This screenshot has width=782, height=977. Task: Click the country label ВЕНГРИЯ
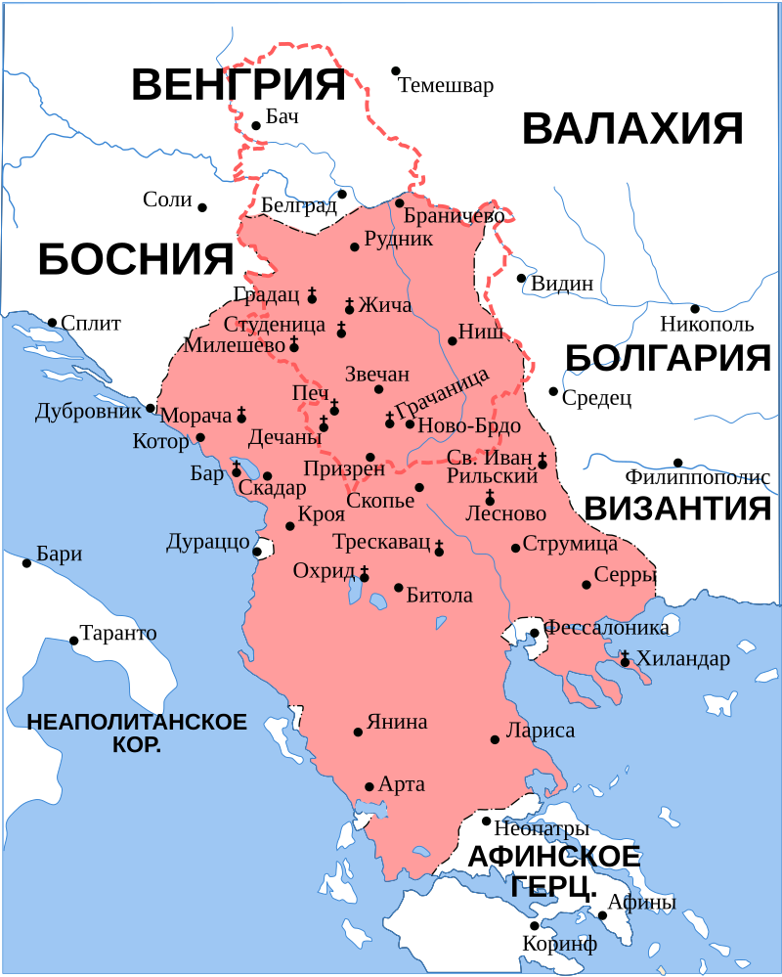(x=239, y=85)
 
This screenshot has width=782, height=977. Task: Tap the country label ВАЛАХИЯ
(x=632, y=129)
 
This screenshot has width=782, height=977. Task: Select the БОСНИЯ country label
(x=136, y=260)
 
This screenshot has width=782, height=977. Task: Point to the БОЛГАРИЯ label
(x=669, y=358)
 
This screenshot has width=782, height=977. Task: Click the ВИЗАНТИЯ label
(x=677, y=509)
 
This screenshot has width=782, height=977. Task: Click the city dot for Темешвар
(x=396, y=70)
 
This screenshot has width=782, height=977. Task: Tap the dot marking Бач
(x=256, y=125)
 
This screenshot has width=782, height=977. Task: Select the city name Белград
(x=299, y=205)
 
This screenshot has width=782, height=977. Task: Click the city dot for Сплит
(x=52, y=322)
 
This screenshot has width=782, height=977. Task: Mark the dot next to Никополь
(x=695, y=308)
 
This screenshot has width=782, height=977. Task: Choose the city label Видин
(x=562, y=284)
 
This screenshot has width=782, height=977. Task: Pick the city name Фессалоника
(x=606, y=628)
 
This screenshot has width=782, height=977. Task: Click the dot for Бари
(x=26, y=562)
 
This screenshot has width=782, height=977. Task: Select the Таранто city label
(x=118, y=633)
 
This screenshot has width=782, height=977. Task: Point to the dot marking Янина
(x=358, y=732)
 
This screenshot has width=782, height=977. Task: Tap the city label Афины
(x=641, y=903)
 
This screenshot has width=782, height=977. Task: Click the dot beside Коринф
(x=534, y=925)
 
